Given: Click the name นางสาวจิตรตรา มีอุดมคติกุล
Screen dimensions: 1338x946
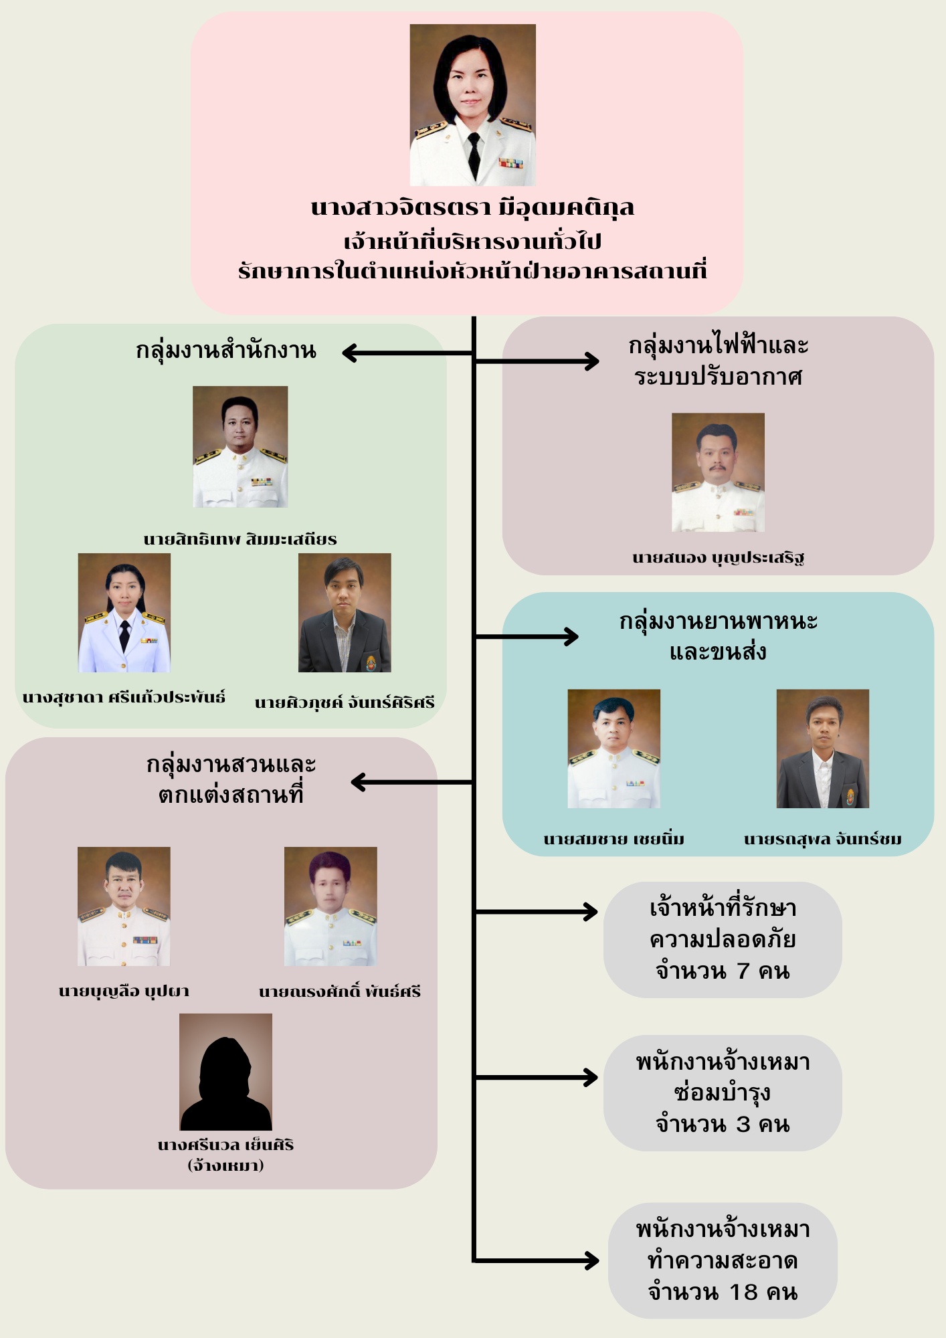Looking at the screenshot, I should point(472,208).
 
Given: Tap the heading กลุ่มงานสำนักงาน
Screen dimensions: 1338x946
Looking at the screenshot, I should point(225,351).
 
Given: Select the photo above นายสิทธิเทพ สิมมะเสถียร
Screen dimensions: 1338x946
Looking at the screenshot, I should point(240,446).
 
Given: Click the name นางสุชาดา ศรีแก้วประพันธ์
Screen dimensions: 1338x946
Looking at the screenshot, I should point(124,697).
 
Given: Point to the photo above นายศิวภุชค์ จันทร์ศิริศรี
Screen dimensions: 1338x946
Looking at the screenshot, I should point(345,612).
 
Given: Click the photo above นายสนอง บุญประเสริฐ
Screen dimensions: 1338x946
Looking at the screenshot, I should point(718,472).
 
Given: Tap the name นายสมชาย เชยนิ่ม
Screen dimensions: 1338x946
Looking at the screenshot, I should point(613,839).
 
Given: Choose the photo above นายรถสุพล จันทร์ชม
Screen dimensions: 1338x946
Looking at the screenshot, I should point(822,749).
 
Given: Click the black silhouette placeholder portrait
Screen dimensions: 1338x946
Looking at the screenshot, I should point(225,1072).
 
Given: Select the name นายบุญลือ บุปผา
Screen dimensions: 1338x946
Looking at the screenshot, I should point(124,991).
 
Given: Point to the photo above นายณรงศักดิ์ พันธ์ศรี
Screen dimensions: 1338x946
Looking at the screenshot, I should point(330,906).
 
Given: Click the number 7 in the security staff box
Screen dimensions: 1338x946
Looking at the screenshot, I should point(743,971).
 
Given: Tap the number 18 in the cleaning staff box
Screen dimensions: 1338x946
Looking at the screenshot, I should point(743,1292).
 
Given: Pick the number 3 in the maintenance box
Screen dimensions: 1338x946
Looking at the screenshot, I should point(743,1125).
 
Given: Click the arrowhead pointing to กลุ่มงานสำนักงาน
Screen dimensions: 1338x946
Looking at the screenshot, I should point(349,353).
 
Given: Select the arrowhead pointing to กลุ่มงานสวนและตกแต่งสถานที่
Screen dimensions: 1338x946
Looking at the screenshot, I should point(358,781).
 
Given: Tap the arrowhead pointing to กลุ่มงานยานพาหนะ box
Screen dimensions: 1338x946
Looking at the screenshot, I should point(571,636).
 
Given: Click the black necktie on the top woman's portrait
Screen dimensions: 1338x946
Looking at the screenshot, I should point(474,154).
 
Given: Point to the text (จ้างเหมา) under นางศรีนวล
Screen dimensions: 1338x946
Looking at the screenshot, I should point(225,1165).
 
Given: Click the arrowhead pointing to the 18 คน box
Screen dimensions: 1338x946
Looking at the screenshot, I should point(592,1260).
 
